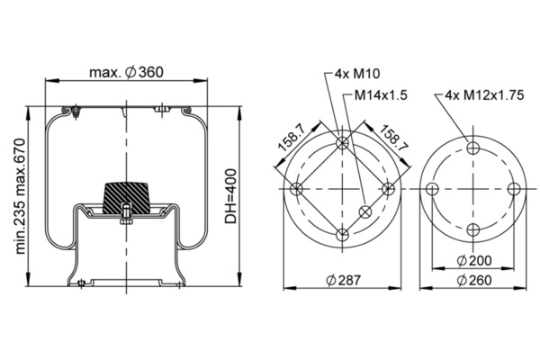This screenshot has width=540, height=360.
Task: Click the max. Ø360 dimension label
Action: point(126,72)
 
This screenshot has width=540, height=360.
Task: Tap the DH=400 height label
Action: point(231,196)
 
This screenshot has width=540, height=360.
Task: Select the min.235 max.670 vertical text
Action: point(21,196)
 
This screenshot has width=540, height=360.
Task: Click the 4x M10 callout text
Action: point(357,74)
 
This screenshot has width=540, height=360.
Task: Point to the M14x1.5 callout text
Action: point(381,95)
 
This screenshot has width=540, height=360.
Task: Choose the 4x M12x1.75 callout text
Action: point(484,95)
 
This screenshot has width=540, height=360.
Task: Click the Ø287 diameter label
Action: point(343,280)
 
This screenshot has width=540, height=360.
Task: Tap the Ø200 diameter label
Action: point(474,261)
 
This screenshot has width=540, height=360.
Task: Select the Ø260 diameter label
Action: point(474,280)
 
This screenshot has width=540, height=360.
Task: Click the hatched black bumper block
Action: point(126,198)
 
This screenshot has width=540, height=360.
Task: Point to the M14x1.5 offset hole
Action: point(365,211)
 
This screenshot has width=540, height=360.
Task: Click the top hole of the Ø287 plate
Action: point(342,143)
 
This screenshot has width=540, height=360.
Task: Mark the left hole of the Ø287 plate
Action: point(296,189)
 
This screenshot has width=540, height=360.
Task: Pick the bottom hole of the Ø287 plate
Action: point(342,235)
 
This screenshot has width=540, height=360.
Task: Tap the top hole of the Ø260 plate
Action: point(473,148)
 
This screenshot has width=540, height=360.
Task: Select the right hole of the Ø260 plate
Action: point(514,189)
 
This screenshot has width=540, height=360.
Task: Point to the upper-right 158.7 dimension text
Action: point(393,138)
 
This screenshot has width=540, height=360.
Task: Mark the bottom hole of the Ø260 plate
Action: point(473,229)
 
